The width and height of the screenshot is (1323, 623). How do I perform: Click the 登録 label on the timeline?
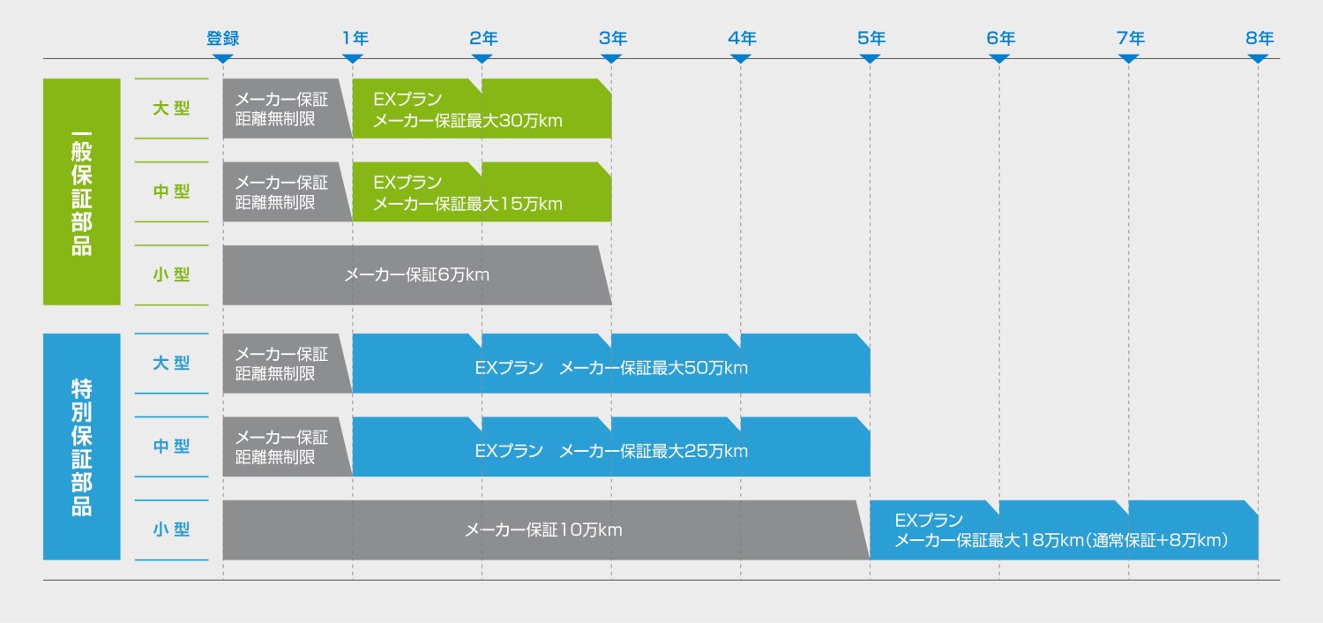pyautogui.click(x=222, y=38)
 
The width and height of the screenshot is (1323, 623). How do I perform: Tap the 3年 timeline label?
pyautogui.click(x=612, y=38)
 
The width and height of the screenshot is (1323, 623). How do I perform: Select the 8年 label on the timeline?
pyautogui.click(x=1259, y=38)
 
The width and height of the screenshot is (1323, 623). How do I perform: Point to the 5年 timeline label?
pyautogui.click(x=871, y=38)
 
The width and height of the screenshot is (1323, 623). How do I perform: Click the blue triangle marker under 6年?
pyautogui.click(x=999, y=58)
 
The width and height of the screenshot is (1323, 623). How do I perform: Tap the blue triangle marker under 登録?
pyautogui.click(x=222, y=58)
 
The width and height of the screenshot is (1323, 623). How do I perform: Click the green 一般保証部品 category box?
pyautogui.click(x=81, y=191)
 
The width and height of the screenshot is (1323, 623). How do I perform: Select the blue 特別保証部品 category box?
pyautogui.click(x=81, y=447)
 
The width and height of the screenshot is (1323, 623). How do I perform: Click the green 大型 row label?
pyautogui.click(x=171, y=109)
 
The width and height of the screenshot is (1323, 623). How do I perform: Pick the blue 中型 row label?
pyautogui.click(x=171, y=447)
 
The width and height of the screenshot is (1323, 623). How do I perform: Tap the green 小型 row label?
pyautogui.click(x=171, y=274)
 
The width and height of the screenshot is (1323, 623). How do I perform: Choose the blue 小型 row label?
pyautogui.click(x=171, y=529)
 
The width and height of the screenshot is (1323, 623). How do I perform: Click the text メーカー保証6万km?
pyautogui.click(x=416, y=275)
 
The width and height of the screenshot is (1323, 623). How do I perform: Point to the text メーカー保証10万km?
pyautogui.click(x=543, y=530)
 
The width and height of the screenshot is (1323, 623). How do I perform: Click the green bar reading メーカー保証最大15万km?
pyautogui.click(x=482, y=192)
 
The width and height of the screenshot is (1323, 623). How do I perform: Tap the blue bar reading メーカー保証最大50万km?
pyautogui.click(x=610, y=367)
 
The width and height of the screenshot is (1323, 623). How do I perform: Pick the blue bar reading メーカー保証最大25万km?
pyautogui.click(x=610, y=451)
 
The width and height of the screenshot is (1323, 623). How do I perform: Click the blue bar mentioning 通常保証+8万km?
pyautogui.click(x=1062, y=530)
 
